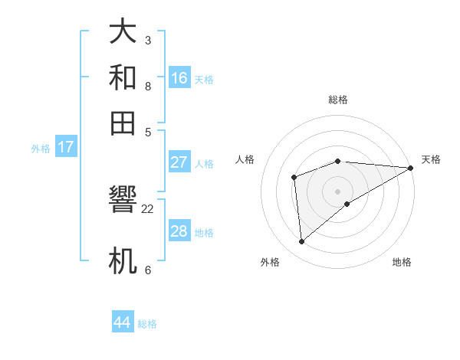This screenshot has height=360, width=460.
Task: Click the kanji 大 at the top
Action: (x=123, y=32)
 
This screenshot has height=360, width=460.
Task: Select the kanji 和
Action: (x=123, y=77)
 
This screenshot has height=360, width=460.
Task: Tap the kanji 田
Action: (x=123, y=123)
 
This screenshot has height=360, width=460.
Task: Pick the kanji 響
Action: (x=123, y=202)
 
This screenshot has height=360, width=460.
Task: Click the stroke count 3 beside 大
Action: (x=148, y=40)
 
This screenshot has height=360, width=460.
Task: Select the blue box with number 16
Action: (x=179, y=77)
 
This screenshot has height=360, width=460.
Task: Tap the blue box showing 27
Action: (x=179, y=162)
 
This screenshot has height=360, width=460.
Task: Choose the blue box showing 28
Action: (x=179, y=231)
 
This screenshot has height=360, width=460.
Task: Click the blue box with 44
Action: (x=123, y=322)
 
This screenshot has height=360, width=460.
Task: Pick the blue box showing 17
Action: (x=66, y=147)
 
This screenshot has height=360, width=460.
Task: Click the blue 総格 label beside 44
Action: (x=147, y=324)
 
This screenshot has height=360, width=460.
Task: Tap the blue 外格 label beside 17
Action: (x=41, y=149)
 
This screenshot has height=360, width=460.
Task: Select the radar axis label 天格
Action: (x=431, y=159)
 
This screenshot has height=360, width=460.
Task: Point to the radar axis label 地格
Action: (x=402, y=262)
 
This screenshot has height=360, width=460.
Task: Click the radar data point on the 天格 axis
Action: (x=411, y=168)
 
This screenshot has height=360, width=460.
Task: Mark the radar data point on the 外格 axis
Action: (x=301, y=242)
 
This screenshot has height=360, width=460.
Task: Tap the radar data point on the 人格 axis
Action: (x=294, y=178)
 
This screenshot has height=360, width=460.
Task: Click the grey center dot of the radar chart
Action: (x=337, y=191)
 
